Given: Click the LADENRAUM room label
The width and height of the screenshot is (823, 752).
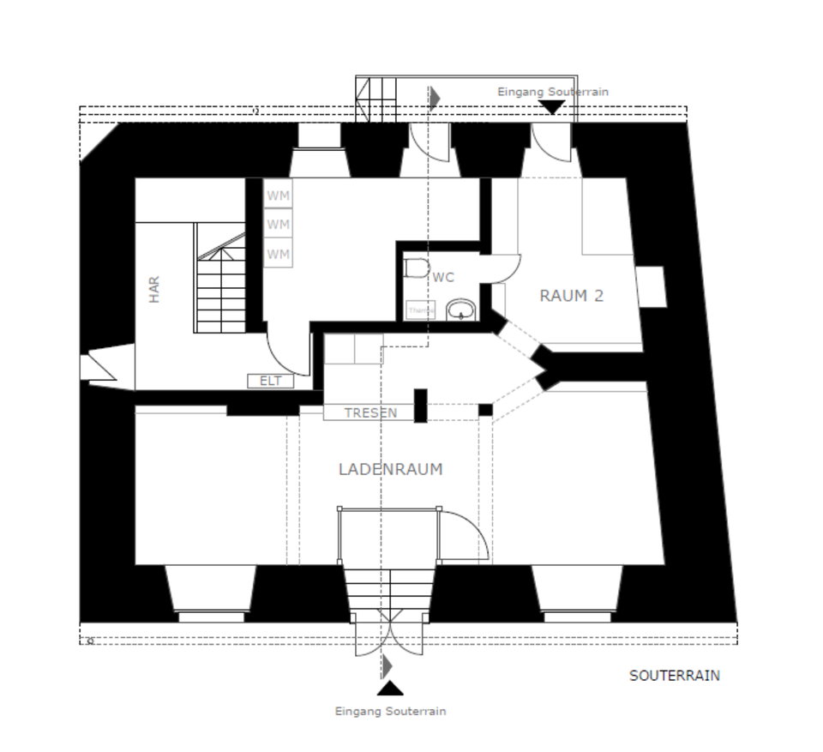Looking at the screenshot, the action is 390,469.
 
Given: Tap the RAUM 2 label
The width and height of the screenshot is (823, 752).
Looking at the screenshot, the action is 571,296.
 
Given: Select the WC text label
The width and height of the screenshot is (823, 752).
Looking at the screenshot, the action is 443,277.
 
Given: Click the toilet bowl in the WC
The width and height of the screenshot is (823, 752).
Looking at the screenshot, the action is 417,269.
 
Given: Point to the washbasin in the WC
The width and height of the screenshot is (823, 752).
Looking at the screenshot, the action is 462,310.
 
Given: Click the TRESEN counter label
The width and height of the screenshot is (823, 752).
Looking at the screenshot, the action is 370,412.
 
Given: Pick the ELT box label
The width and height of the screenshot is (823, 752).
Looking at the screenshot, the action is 270,381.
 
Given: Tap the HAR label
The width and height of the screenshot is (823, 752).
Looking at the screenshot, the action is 154,289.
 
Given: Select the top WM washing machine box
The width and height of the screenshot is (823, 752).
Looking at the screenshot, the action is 278,196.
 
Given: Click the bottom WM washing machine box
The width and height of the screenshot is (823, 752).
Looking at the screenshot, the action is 278,254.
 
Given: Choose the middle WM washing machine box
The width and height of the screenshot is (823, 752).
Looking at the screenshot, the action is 278,225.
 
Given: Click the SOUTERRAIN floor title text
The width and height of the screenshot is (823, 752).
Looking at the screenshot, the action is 675,676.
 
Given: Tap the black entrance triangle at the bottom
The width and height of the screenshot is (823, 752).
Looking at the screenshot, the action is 390,688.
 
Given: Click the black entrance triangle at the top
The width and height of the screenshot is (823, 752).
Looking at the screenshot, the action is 552,106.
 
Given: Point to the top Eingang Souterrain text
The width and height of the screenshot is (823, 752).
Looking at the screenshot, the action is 553,92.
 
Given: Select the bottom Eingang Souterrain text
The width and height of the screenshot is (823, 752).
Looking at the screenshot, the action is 390,711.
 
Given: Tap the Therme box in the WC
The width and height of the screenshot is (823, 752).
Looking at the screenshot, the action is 420,310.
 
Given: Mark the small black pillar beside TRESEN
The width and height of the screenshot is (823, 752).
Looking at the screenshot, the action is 421,406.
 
